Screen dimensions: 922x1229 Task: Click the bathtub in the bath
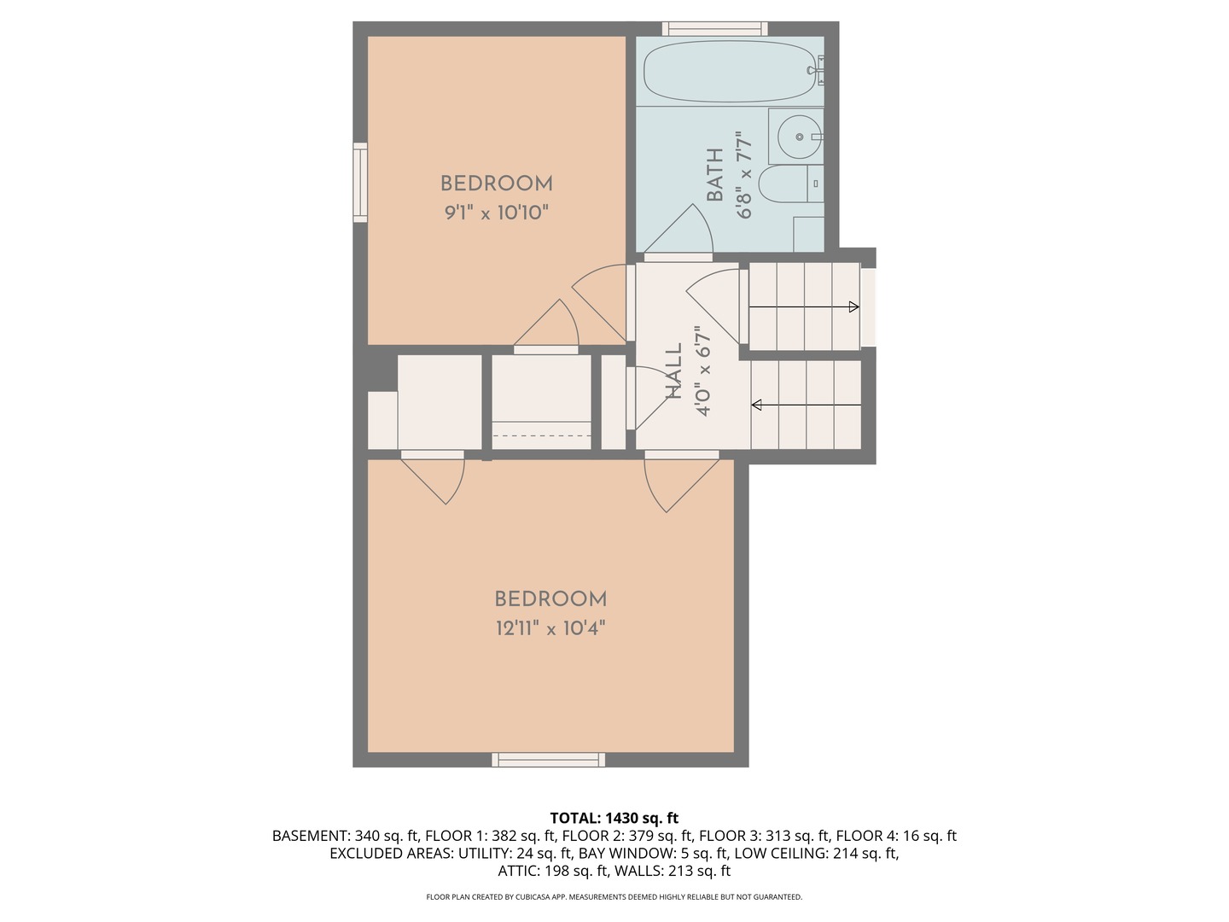(728, 73)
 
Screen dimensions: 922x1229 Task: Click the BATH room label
(715, 175)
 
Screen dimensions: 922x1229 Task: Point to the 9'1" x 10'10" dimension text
(496, 213)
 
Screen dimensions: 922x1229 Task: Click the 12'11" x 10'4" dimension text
(550, 629)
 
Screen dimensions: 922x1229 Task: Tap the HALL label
(674, 371)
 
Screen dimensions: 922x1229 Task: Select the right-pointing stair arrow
(853, 307)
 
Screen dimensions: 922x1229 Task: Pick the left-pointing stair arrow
(756, 405)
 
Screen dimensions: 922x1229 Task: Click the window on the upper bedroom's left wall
(360, 183)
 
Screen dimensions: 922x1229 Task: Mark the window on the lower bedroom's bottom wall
(548, 760)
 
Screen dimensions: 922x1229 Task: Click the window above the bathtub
(714, 28)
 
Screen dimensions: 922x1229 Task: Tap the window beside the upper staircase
(868, 307)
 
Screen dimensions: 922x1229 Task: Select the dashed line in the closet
(542, 436)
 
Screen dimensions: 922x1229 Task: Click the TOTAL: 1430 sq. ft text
(614, 818)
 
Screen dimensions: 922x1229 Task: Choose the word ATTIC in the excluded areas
(519, 871)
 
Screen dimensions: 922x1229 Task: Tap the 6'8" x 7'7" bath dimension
(744, 175)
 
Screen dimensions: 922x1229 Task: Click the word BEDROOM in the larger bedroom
(550, 599)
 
